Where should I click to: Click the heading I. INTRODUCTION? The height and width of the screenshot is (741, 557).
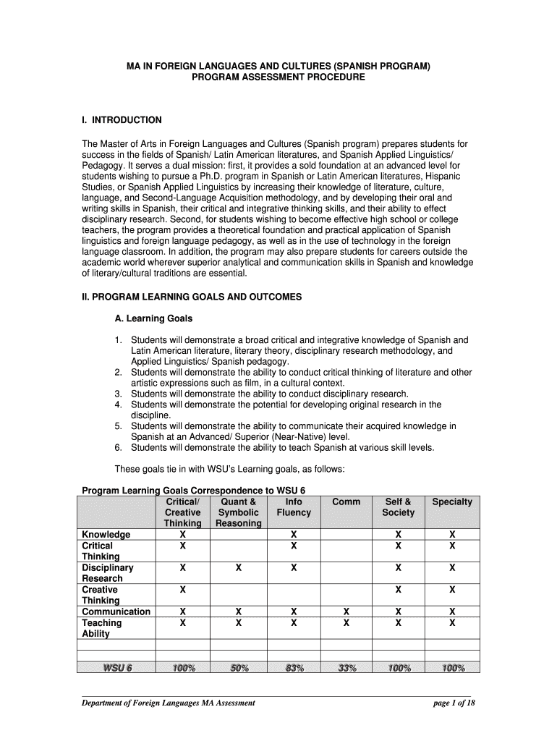[x=122, y=120]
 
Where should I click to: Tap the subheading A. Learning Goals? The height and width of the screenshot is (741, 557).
[x=153, y=318]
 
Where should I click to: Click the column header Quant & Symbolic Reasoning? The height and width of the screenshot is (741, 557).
[x=239, y=512]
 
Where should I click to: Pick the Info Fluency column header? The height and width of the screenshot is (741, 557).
[x=294, y=507]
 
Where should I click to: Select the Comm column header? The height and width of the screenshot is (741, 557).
[x=346, y=501]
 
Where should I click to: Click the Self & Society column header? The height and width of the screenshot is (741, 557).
[x=399, y=507]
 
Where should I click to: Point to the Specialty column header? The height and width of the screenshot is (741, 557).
[x=452, y=501]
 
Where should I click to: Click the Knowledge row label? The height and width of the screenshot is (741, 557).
[x=106, y=535]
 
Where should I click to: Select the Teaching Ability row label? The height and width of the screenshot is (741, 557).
[x=101, y=628]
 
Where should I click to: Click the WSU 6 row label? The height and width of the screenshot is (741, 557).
[x=116, y=668]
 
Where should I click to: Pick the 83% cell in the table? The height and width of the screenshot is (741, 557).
[x=294, y=668]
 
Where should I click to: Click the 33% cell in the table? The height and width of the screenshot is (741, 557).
[x=346, y=668]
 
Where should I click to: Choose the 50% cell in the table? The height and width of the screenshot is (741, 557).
[x=239, y=668]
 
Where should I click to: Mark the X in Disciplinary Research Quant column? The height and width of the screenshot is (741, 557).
[x=239, y=568]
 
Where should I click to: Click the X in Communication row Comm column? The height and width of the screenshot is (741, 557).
[x=346, y=611]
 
